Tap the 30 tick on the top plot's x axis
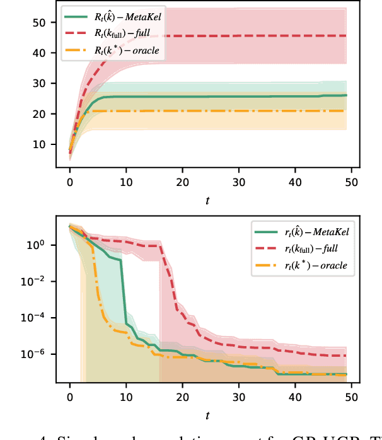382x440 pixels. pyautogui.click(x=239, y=182)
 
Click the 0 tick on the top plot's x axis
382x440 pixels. pyautogui.click(x=70, y=182)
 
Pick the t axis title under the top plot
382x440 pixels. pyautogui.click(x=208, y=200)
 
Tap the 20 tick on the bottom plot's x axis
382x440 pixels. pyautogui.click(x=182, y=398)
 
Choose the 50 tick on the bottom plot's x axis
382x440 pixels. pyautogui.click(x=352, y=398)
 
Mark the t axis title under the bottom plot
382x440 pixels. pyautogui.click(x=208, y=417)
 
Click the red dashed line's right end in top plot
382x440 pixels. pyautogui.click(x=346, y=36)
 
